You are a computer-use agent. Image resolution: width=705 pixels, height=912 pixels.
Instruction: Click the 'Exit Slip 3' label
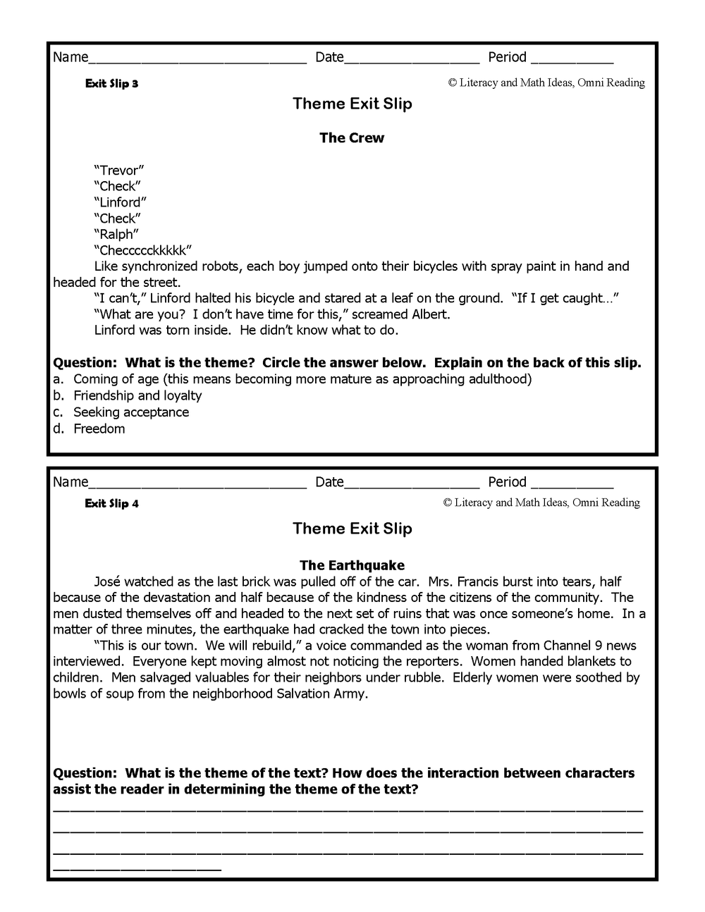pyautogui.click(x=111, y=84)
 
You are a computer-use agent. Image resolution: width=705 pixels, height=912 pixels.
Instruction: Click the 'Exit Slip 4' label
pyautogui.click(x=111, y=504)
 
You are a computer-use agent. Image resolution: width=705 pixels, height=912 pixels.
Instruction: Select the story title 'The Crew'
pyautogui.click(x=352, y=138)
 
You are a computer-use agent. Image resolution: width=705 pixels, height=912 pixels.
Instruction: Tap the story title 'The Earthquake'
pyautogui.click(x=352, y=565)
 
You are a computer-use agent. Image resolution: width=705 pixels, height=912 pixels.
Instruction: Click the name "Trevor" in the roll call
pyautogui.click(x=118, y=171)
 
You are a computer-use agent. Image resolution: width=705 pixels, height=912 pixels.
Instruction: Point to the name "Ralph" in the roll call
pyautogui.click(x=116, y=235)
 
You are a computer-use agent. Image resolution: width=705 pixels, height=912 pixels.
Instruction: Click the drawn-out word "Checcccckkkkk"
pyautogui.click(x=142, y=251)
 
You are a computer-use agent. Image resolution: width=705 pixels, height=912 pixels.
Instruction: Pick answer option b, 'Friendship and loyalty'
pyautogui.click(x=137, y=395)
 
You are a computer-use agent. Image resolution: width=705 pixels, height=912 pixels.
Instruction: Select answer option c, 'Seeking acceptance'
pyautogui.click(x=131, y=412)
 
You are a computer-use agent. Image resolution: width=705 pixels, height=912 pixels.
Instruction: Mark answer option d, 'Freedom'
pyautogui.click(x=99, y=429)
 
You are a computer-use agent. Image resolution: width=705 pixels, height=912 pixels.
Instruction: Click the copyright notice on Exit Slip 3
pyautogui.click(x=546, y=83)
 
